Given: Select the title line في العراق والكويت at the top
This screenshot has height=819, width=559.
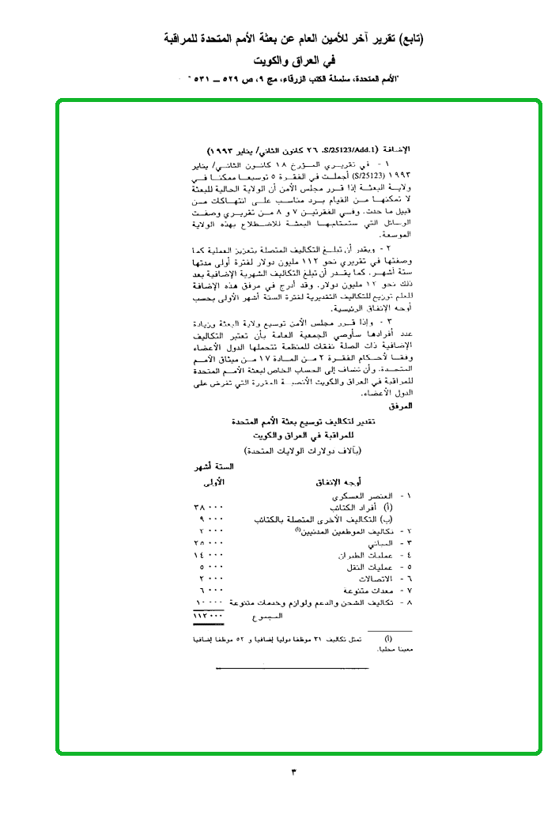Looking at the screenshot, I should [293, 60].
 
